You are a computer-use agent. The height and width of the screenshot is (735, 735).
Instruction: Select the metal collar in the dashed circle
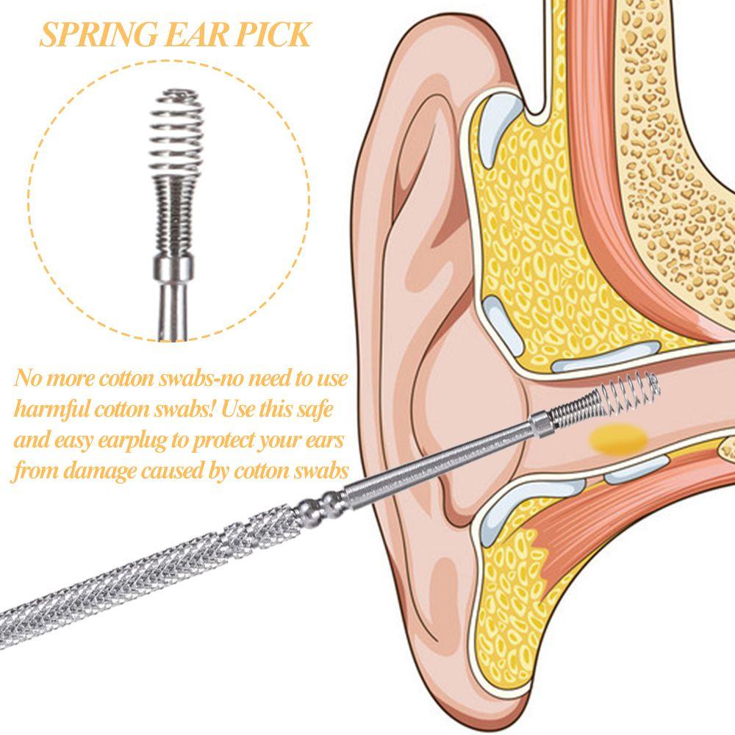pyautogui.click(x=173, y=263)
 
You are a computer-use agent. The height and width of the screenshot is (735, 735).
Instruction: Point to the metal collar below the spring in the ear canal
pyautogui.click(x=538, y=424)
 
